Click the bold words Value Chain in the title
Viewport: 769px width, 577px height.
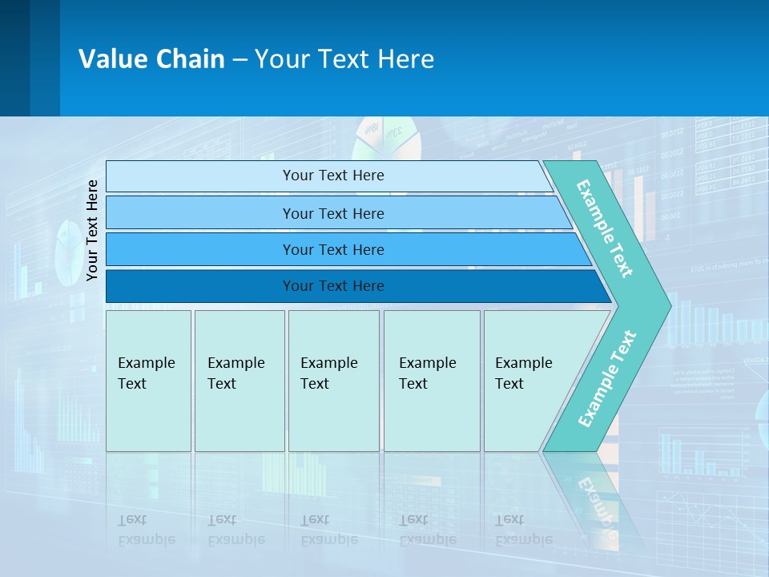point(151,59)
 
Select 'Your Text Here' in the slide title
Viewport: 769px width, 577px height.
point(344,59)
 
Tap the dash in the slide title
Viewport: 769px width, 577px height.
point(240,59)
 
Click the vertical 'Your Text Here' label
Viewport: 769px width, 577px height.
point(93,231)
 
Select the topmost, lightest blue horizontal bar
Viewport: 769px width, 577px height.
point(332,176)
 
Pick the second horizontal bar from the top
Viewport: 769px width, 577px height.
point(332,213)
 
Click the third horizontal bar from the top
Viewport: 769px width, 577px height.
point(332,249)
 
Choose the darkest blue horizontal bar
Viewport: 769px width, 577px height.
point(332,286)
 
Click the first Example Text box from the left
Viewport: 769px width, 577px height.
point(148,381)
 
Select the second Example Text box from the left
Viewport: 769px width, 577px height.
point(239,381)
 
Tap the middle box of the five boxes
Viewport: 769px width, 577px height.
point(333,381)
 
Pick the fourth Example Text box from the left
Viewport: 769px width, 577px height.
point(431,381)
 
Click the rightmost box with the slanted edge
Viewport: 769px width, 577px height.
point(529,381)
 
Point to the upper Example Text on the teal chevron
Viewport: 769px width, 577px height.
point(605,228)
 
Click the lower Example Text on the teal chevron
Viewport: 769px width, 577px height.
point(607,378)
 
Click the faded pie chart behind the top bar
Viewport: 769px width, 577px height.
point(388,137)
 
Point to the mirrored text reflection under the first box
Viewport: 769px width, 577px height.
point(147,530)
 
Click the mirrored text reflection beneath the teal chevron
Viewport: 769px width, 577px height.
point(597,505)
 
